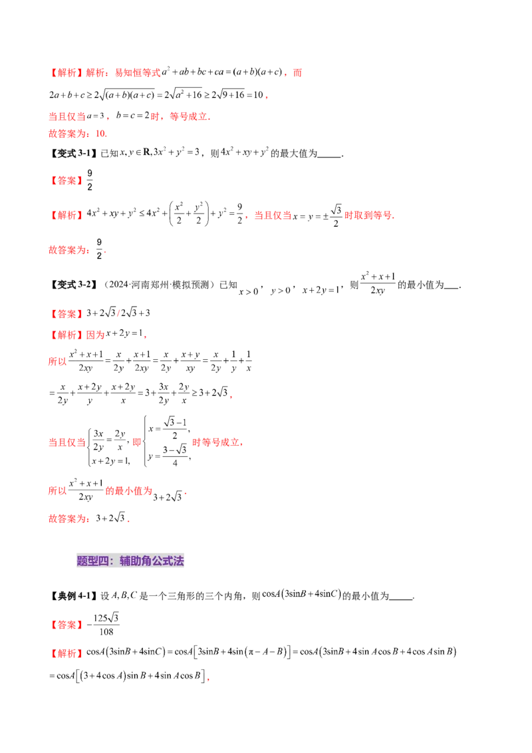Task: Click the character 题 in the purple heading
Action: (x=82, y=561)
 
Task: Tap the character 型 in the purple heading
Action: (x=93, y=561)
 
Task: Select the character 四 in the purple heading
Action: (x=104, y=561)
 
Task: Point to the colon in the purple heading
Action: (x=114, y=561)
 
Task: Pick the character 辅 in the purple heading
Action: (x=125, y=561)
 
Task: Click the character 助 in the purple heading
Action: (x=136, y=561)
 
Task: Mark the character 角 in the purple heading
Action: (x=147, y=561)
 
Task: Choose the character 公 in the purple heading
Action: (x=158, y=561)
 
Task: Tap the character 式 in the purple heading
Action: (x=168, y=561)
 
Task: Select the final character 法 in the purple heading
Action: (x=179, y=561)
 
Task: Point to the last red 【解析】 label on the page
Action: (x=66, y=653)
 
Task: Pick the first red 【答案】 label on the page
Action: (x=66, y=180)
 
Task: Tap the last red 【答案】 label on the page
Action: (x=66, y=625)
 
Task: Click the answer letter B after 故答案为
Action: (x=100, y=133)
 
